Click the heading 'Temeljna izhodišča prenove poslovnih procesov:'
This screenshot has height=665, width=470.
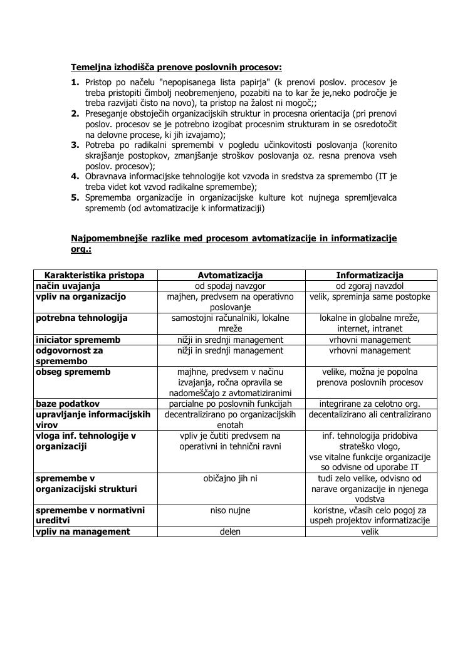[x=176, y=67]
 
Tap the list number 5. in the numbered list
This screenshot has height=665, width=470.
[x=75, y=198]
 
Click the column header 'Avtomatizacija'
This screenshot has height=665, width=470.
[x=231, y=275]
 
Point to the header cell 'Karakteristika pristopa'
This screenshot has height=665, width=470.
[x=95, y=275]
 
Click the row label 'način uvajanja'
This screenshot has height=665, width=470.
[x=68, y=286]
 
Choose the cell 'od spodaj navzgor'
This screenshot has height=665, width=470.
[x=231, y=286]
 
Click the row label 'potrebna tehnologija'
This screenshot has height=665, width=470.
[x=81, y=318]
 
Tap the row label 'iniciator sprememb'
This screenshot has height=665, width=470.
[x=78, y=340]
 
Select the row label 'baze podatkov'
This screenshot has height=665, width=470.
[x=68, y=404]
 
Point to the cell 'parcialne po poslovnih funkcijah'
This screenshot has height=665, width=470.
[x=231, y=404]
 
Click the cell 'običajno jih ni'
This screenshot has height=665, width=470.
[x=231, y=478]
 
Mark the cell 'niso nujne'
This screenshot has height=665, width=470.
[x=231, y=510]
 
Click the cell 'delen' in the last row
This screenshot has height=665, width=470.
[x=231, y=531]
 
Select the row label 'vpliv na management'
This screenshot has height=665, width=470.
[x=83, y=531]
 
